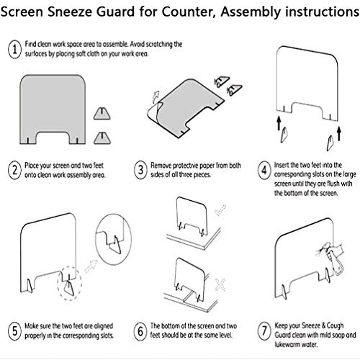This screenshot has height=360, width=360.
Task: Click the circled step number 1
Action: point(14,49)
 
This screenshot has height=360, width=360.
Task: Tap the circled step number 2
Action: point(14,170)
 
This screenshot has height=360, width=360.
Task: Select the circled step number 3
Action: point(140,170)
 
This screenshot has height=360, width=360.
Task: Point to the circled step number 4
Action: point(264,170)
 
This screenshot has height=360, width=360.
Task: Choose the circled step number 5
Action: point(14,331)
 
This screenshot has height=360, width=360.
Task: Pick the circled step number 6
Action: point(140,331)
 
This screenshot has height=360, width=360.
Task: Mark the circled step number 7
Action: point(264,331)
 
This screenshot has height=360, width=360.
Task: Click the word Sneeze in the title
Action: point(70,12)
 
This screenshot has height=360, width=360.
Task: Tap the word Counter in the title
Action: point(188,12)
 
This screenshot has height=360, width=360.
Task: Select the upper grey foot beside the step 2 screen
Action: point(102,114)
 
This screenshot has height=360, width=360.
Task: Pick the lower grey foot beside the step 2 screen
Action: point(102,138)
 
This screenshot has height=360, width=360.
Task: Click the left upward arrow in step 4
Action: point(279,123)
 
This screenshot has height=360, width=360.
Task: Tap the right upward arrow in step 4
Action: point(339,133)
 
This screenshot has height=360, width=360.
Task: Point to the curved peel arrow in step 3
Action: point(156,96)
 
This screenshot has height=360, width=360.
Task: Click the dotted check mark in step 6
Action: point(220,210)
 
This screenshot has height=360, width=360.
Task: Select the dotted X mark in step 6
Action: point(220,284)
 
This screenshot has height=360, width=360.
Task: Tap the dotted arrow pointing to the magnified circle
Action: point(91,266)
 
